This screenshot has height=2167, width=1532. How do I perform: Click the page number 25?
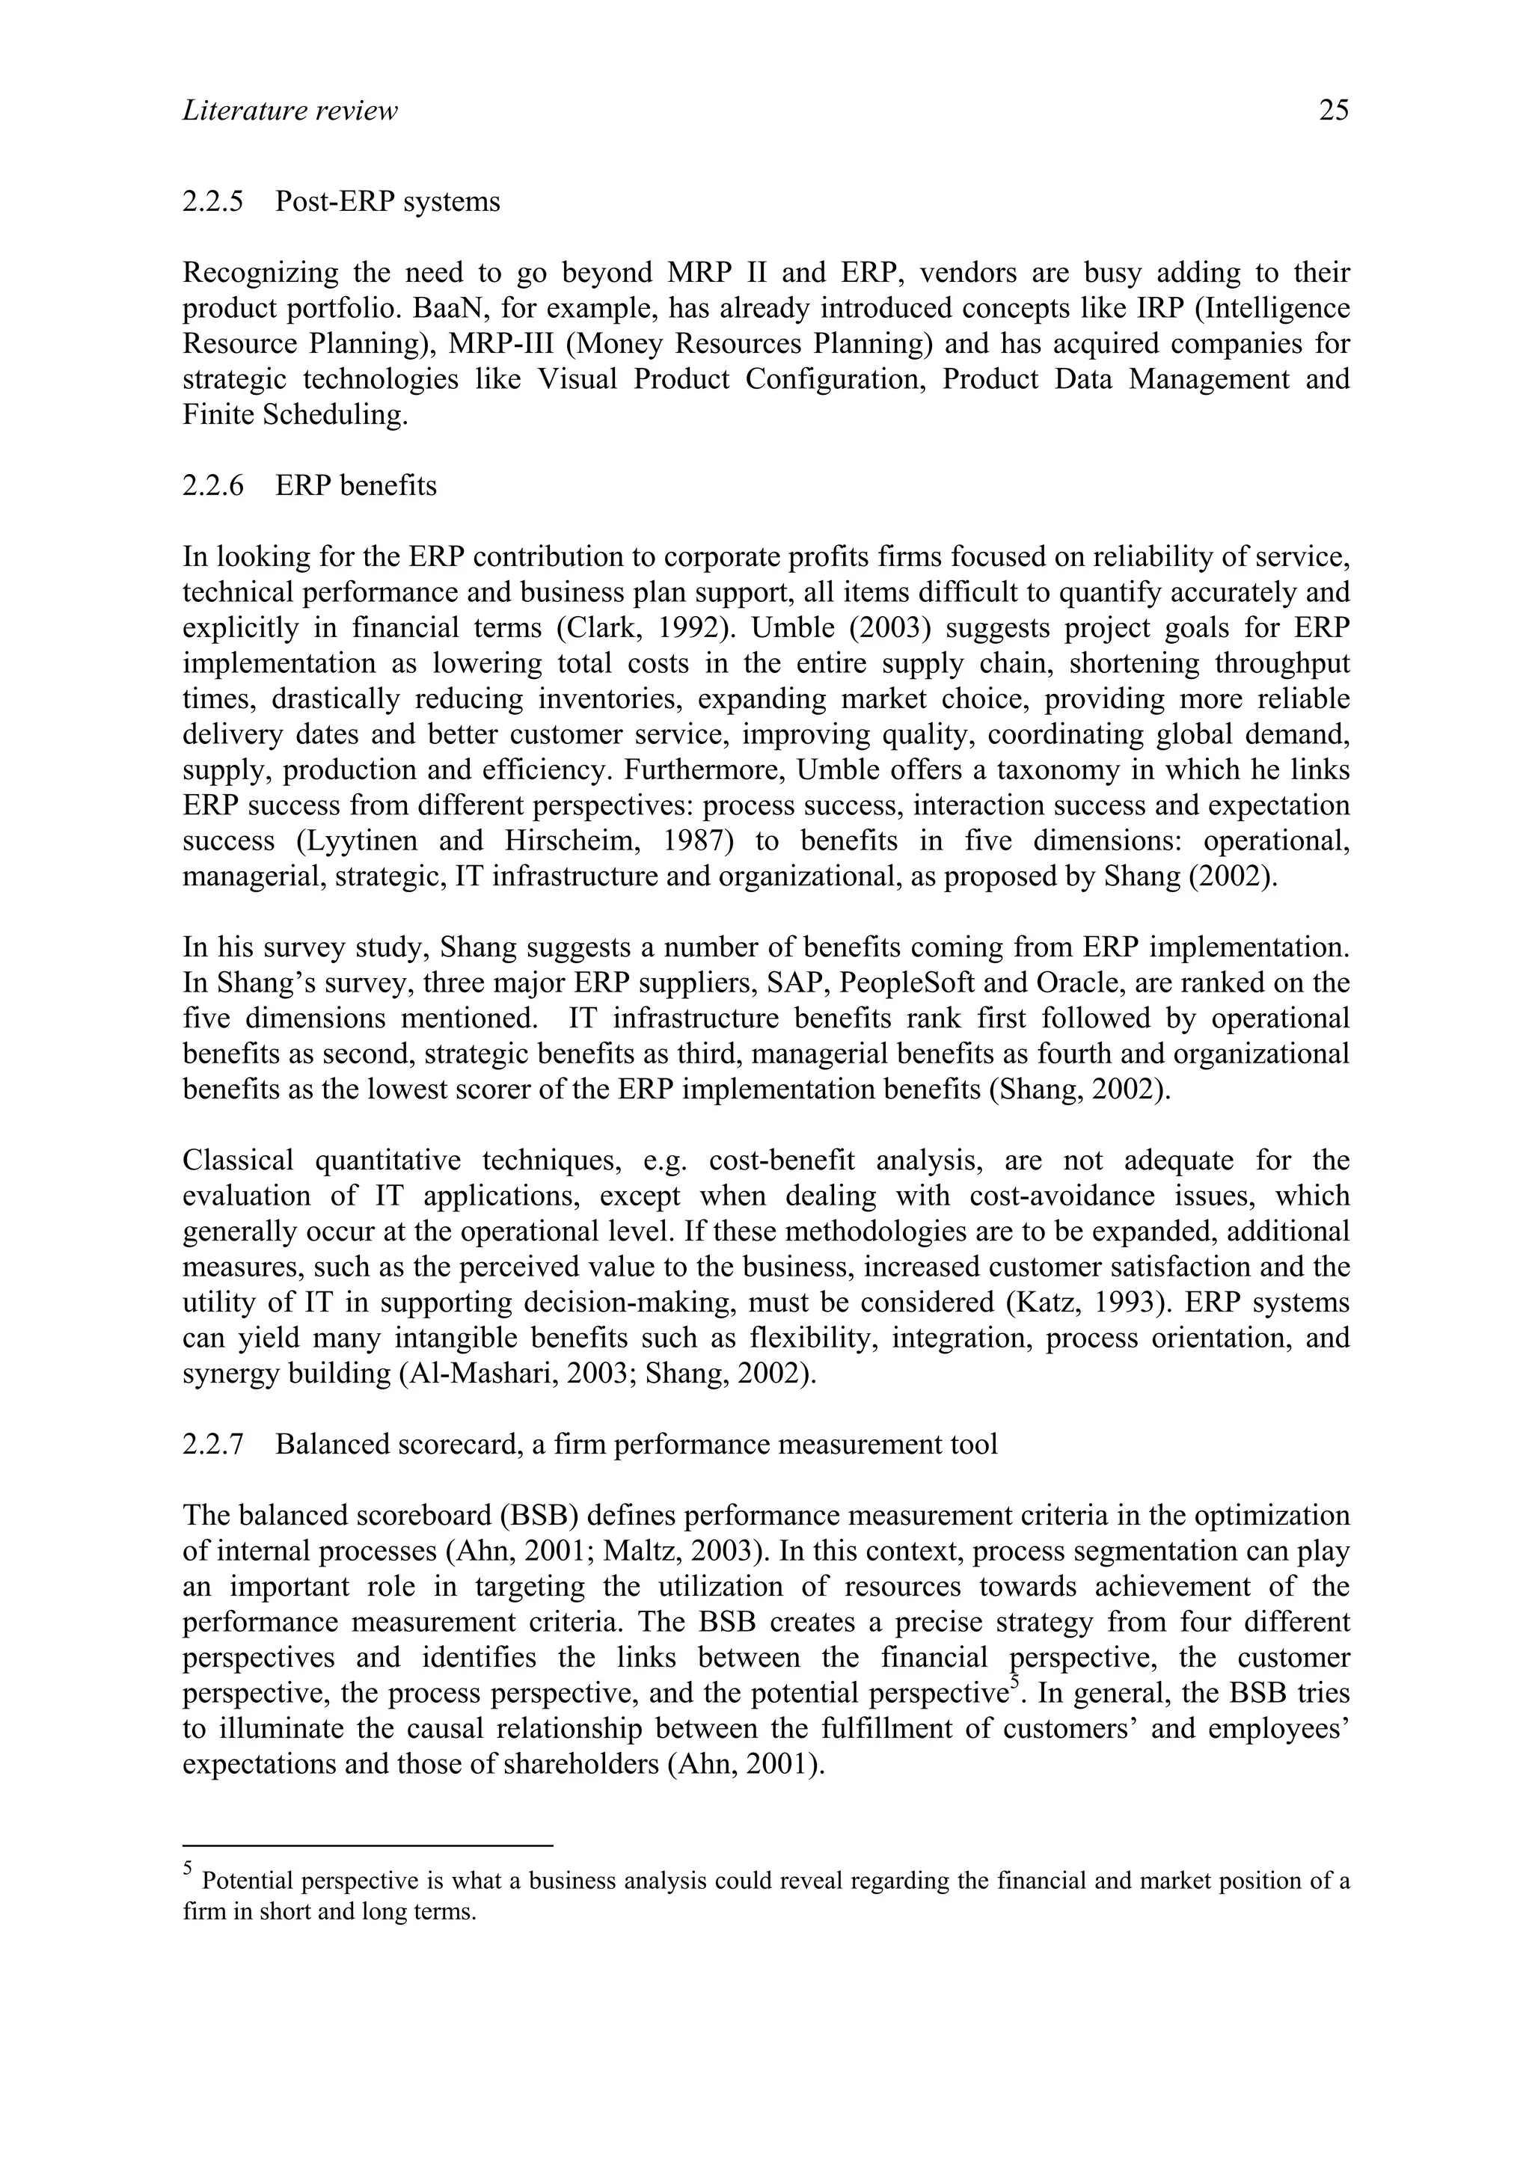click(1333, 111)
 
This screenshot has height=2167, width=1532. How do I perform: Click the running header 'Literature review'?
click(289, 111)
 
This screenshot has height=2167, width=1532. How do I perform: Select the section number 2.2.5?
click(212, 202)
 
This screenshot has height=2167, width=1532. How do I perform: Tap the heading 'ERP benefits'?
click(356, 486)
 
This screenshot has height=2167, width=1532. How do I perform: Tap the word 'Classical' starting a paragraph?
click(238, 1161)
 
